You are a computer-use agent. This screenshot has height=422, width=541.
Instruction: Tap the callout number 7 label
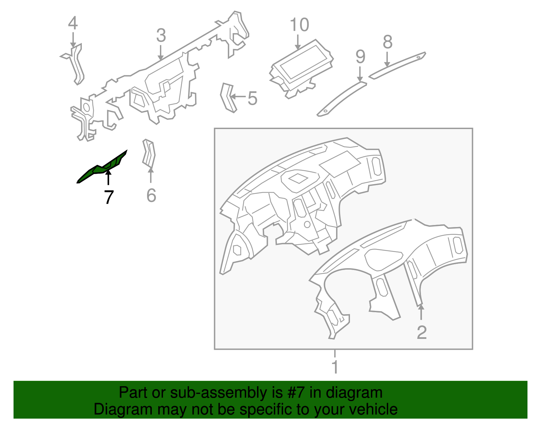click(x=109, y=197)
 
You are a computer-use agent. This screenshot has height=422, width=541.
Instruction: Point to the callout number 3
click(x=161, y=35)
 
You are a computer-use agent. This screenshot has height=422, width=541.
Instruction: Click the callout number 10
click(x=300, y=25)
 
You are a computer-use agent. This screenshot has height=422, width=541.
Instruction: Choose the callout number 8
click(x=387, y=42)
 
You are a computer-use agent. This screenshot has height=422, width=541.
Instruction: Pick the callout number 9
click(x=360, y=56)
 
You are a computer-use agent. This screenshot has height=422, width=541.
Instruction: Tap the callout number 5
click(x=253, y=98)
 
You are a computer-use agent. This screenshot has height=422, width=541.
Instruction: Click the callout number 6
click(x=151, y=195)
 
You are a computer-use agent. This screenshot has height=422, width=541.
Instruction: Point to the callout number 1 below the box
click(x=335, y=367)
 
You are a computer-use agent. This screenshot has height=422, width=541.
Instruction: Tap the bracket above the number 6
click(x=149, y=153)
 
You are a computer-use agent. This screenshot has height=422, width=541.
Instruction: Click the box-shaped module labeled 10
click(x=302, y=68)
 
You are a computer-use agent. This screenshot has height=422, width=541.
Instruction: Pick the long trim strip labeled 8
click(x=397, y=66)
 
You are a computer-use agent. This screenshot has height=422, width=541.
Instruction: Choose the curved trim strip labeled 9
click(x=342, y=99)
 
